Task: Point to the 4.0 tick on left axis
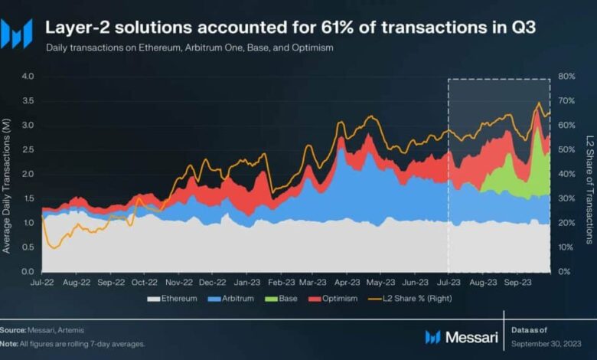pos(28,77)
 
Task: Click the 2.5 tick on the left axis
pos(28,150)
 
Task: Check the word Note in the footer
pos(10,343)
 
